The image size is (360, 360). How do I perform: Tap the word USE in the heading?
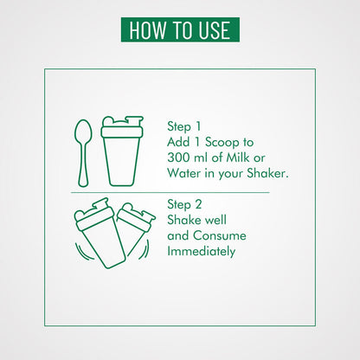214,30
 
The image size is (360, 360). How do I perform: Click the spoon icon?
83,153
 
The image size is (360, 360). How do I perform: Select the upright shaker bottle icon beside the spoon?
122,151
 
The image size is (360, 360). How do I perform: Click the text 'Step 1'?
183,126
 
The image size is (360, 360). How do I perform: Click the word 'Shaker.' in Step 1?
267,173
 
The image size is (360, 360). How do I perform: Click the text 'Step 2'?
184,204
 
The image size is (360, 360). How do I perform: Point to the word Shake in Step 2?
183,220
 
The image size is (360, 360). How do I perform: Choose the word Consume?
220,235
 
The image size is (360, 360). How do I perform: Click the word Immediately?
202,251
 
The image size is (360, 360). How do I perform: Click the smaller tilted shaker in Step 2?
135,228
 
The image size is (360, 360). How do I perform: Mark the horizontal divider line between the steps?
170,192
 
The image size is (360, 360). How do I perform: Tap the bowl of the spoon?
83,133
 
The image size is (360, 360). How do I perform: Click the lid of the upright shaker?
122,127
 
